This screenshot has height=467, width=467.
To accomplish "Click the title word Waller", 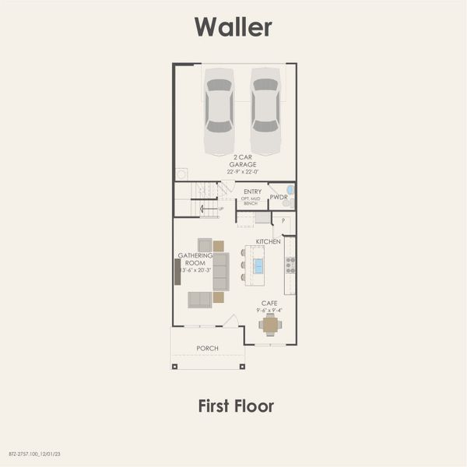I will [233, 26].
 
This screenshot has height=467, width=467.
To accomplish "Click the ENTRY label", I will [252, 191].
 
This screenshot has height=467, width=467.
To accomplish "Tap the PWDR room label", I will [279, 198].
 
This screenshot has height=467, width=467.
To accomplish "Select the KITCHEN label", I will [269, 242].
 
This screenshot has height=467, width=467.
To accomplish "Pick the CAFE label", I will [269, 303].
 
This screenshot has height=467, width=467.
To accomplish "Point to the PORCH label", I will [207, 348].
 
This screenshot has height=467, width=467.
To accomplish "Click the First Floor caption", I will [235, 406].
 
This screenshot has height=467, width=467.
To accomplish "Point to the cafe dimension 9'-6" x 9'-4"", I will [269, 310].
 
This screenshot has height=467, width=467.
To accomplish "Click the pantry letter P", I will [283, 222].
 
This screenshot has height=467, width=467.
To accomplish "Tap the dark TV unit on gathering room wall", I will [177, 272].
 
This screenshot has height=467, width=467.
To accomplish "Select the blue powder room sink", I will [290, 190].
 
